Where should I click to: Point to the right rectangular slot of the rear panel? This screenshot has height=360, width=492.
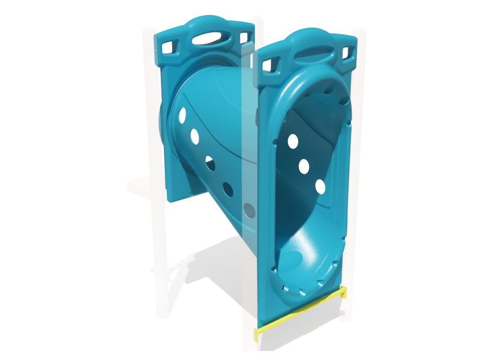click(244, 37)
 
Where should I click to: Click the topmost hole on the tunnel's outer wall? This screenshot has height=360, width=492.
click(182, 115)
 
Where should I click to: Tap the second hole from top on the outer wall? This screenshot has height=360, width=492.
click(195, 137)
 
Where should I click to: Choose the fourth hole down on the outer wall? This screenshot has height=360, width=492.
click(228, 190)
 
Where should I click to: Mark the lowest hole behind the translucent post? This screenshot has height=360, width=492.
click(249, 210)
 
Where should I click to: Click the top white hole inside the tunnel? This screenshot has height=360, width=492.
click(293, 142)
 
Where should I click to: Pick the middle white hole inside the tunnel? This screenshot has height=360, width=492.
click(304, 166)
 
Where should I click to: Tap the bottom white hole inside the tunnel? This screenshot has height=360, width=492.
click(320, 187)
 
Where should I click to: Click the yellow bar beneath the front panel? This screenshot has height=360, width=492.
click(300, 316)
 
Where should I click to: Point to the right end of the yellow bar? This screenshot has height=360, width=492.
click(344, 293)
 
